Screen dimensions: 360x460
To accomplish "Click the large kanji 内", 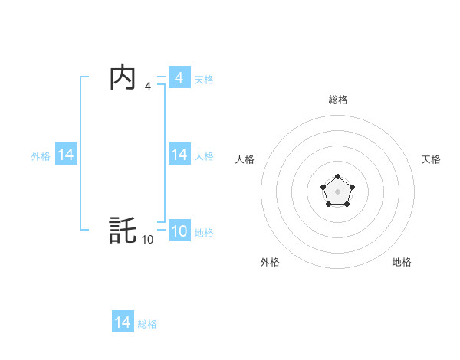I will point(123,77).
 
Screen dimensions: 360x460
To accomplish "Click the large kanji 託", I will point(123,231).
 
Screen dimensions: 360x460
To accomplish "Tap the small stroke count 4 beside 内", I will point(147,87).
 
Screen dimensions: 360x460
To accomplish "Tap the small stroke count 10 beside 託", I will point(147,240).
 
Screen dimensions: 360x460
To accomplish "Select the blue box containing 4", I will point(179,78).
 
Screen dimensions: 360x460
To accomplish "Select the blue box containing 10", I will point(179,231).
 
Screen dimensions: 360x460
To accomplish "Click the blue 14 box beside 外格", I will point(66,155).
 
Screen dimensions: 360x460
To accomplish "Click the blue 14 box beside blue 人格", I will point(179,155).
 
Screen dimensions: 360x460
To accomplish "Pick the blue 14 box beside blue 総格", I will point(123,322).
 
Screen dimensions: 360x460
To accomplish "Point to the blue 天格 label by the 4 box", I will point(204,79).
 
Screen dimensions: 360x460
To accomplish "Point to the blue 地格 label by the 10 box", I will point(204,232).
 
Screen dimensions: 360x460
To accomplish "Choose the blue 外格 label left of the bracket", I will point(41,155).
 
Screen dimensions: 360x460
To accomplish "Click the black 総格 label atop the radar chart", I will point(337,100).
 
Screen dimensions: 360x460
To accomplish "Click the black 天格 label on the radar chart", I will point(431,159).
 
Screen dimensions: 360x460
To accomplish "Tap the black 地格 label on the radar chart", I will point(402,262).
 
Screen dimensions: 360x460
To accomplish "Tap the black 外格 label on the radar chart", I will point(270,262).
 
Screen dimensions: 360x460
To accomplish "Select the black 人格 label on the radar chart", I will point(245,159).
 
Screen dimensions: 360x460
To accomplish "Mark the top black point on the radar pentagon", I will point(337,177).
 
